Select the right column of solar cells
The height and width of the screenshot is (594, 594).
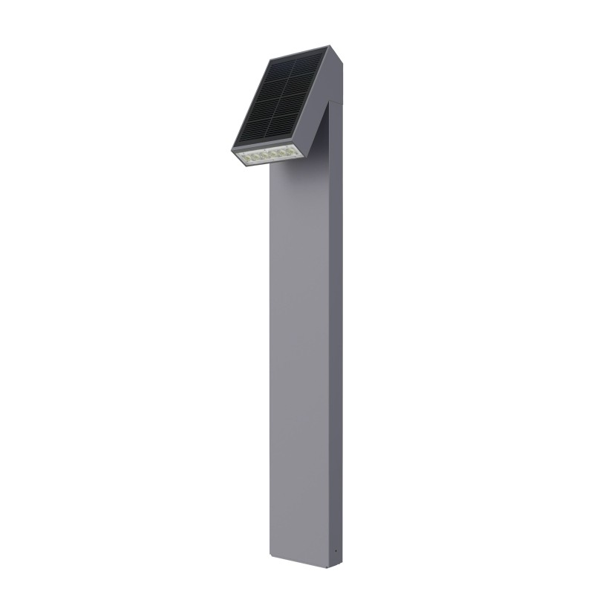301,99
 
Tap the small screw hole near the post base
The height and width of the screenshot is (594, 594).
336,552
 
